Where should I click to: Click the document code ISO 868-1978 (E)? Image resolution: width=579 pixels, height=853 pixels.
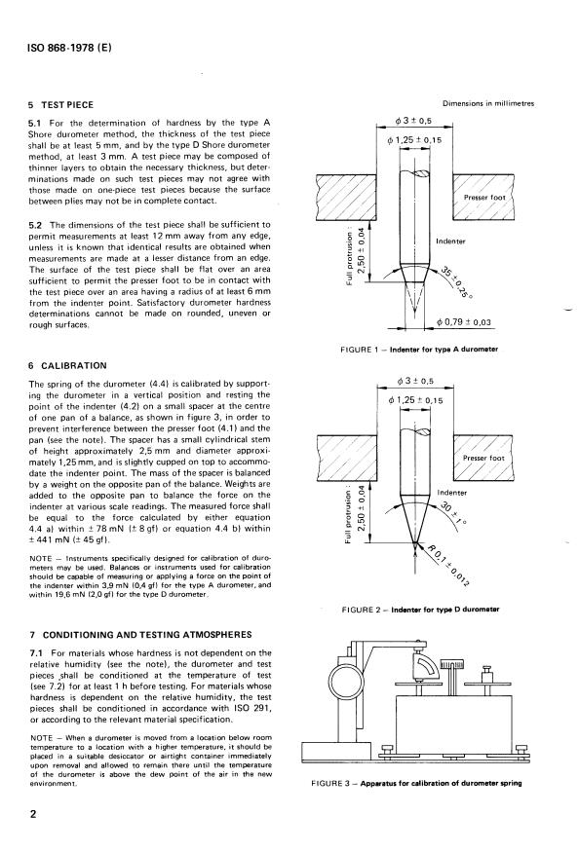click(69, 48)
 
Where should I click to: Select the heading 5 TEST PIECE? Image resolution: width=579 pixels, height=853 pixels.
click(61, 105)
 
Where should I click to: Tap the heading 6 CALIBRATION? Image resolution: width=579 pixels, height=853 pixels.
click(67, 365)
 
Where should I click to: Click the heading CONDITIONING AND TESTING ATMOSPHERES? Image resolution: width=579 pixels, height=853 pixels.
click(147, 634)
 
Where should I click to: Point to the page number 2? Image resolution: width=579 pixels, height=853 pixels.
click(33, 814)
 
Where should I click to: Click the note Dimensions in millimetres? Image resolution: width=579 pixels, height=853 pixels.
click(488, 103)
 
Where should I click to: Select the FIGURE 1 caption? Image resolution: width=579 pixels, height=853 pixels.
click(419, 350)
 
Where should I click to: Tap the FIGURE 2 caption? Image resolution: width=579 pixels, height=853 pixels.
click(420, 610)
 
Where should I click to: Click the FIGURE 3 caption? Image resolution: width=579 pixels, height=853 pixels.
click(416, 783)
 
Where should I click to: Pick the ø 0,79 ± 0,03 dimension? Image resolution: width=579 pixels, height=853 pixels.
click(464, 322)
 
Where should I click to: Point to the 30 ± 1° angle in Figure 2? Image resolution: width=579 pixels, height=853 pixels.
click(452, 514)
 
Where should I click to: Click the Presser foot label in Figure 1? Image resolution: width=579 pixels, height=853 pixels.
click(484, 198)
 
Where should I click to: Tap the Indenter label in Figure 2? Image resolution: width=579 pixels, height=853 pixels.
click(452, 493)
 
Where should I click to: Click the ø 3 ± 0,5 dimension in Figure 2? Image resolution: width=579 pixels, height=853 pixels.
click(415, 381)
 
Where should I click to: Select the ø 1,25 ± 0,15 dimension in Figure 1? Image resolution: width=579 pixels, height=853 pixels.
click(414, 140)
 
